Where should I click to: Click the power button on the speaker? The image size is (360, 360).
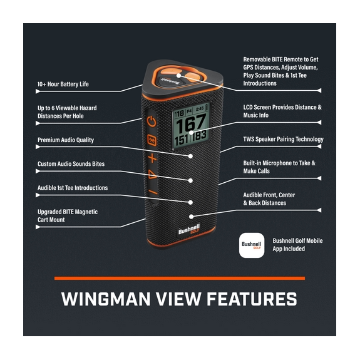(152, 121)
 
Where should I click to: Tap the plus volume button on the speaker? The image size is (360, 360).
(152, 157)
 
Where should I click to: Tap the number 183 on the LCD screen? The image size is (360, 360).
(200, 136)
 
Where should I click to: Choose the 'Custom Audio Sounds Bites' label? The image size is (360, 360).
(71, 164)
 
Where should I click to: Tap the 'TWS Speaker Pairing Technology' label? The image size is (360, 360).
(283, 140)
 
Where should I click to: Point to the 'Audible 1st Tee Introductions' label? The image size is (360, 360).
(73, 188)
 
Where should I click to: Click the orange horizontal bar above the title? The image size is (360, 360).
(180, 277)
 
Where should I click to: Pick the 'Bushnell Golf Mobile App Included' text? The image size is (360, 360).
(297, 245)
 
